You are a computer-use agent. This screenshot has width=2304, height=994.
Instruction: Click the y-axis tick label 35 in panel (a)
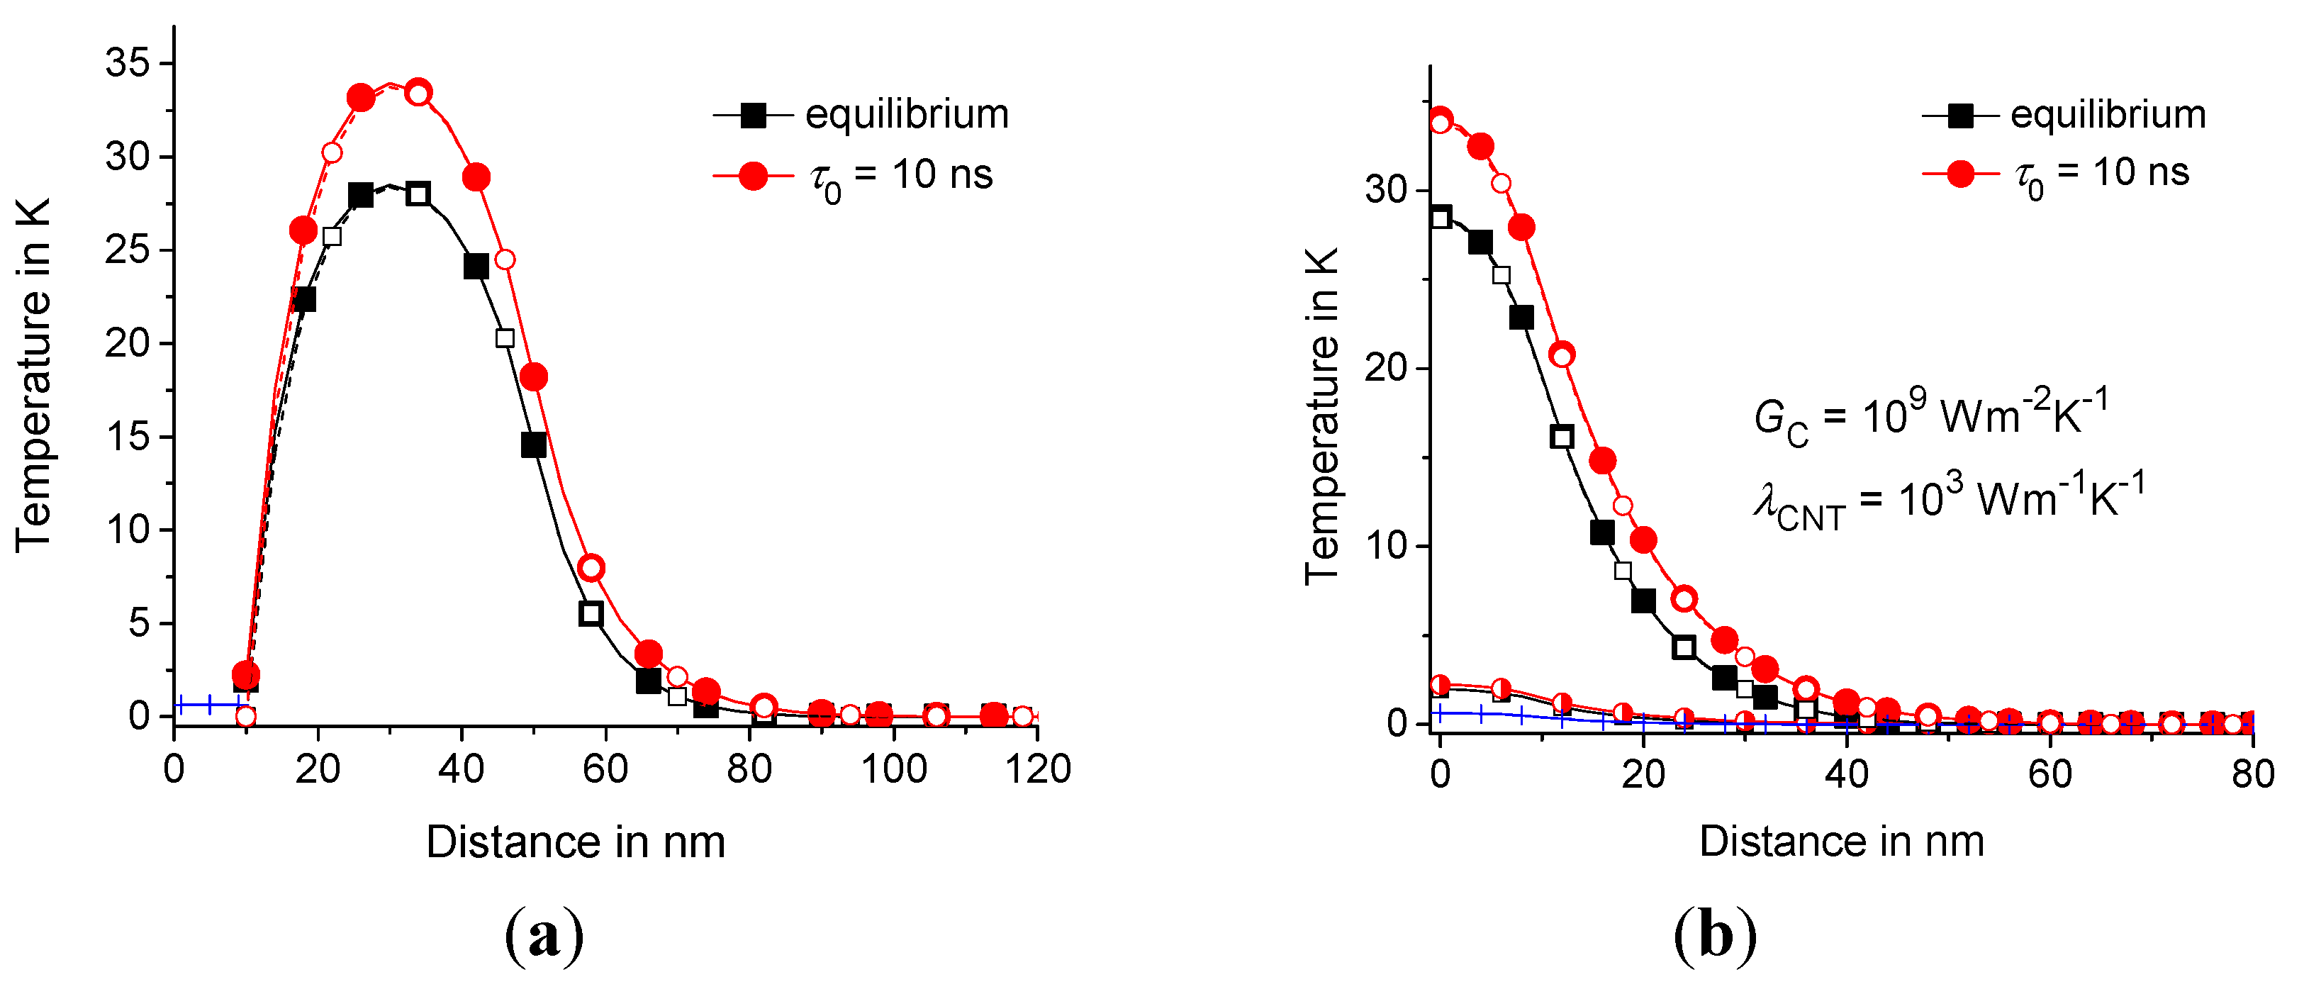pyautogui.click(x=129, y=64)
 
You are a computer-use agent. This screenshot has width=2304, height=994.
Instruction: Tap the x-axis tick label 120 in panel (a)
pyautogui.click(x=1038, y=769)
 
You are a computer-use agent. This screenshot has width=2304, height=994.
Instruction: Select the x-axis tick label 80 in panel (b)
pyautogui.click(x=2253, y=773)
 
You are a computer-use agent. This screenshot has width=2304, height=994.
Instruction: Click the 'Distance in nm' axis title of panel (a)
pyautogui.click(x=575, y=842)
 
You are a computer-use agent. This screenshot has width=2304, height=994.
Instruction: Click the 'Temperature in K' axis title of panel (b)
pyautogui.click(x=1321, y=416)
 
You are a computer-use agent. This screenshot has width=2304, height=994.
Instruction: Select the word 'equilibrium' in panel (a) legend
pyautogui.click(x=906, y=115)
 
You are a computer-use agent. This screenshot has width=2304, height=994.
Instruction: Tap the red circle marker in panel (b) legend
pyautogui.click(x=1959, y=174)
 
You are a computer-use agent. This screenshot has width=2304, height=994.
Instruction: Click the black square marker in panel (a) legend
pyautogui.click(x=753, y=116)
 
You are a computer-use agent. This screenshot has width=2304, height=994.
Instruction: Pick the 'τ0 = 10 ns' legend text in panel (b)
pyautogui.click(x=2101, y=174)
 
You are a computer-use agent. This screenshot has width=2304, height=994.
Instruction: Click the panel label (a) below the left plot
pyautogui.click(x=544, y=935)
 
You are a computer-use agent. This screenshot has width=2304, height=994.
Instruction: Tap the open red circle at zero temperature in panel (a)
pyautogui.click(x=245, y=717)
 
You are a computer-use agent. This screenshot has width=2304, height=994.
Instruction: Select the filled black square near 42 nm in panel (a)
pyautogui.click(x=476, y=266)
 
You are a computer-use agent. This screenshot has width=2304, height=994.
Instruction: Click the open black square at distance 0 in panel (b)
pyautogui.click(x=1440, y=218)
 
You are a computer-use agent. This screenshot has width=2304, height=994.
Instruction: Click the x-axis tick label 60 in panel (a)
pyautogui.click(x=605, y=769)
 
